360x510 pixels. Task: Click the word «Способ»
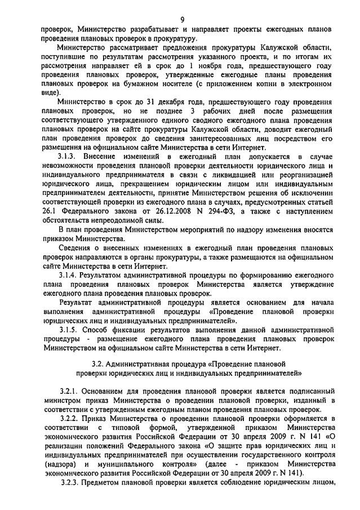97,329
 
